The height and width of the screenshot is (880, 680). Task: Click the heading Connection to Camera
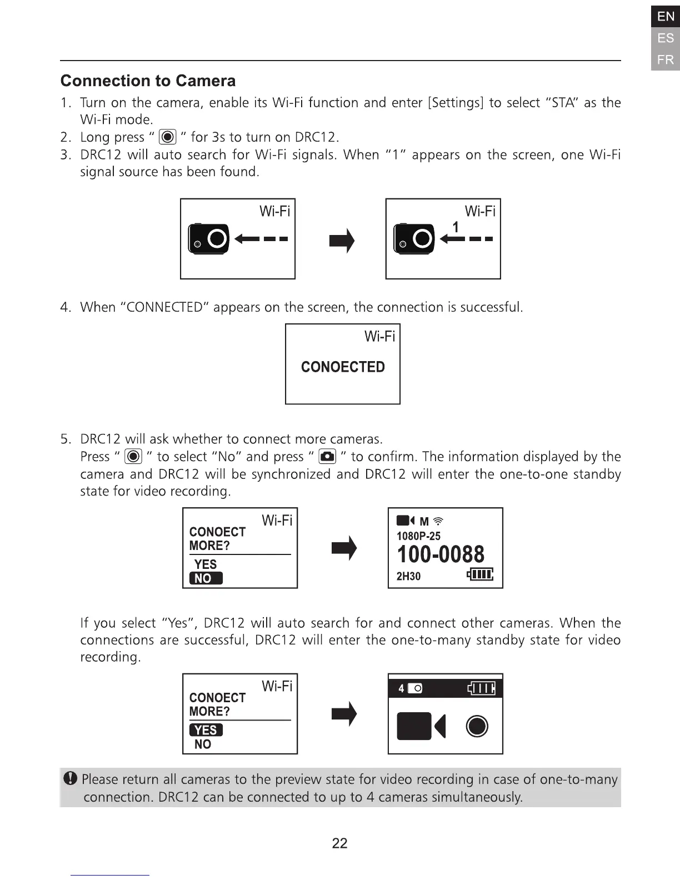click(148, 81)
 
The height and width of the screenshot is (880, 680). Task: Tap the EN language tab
click(665, 17)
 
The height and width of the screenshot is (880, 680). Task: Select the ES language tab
click(665, 38)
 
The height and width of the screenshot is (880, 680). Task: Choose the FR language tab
click(665, 59)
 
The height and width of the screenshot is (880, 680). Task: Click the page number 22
click(339, 843)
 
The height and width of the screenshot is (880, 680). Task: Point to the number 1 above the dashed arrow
click(456, 227)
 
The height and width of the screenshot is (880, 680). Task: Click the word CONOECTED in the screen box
click(343, 367)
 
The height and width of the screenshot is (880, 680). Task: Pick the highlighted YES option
click(206, 730)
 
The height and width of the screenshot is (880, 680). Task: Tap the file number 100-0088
click(441, 554)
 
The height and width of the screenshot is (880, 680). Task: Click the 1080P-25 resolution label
click(418, 536)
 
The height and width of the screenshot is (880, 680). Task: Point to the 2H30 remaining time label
click(408, 577)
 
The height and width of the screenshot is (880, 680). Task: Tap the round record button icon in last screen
click(477, 726)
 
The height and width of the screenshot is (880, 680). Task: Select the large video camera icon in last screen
click(421, 726)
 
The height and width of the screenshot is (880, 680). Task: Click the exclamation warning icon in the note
click(71, 779)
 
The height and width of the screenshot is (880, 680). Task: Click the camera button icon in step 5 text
click(328, 457)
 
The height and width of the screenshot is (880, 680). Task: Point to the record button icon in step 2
click(167, 137)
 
